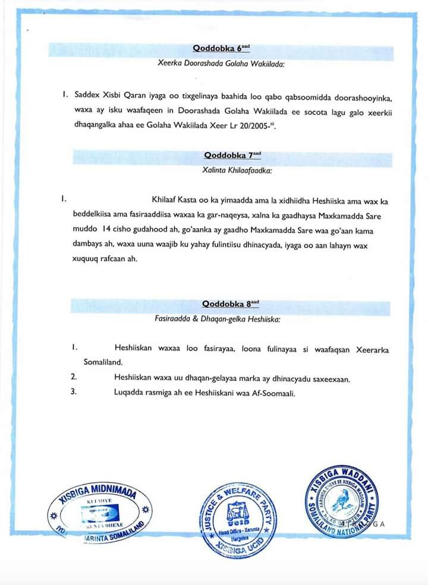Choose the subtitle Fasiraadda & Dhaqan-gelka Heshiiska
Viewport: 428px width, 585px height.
point(217,318)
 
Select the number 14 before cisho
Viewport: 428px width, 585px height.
point(107,228)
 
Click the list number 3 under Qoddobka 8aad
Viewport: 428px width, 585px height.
point(74,391)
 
